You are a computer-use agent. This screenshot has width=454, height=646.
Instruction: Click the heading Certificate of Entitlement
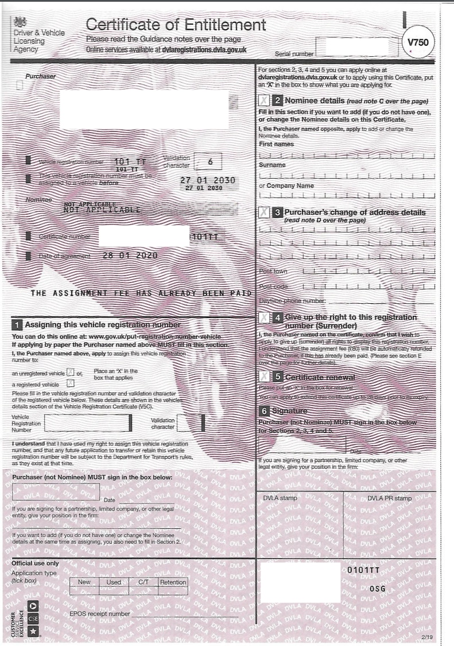(x=176, y=25)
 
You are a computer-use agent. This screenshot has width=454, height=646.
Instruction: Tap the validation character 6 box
(x=210, y=162)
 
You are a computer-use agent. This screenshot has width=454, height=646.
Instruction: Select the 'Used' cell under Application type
(x=114, y=582)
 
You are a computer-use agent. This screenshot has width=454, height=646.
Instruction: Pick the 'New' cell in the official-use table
(x=84, y=582)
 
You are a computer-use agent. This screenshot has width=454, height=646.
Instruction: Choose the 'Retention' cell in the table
(x=173, y=582)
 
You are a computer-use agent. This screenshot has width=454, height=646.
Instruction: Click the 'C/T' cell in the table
(x=143, y=582)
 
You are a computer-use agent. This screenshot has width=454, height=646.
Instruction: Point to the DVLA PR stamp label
(x=390, y=498)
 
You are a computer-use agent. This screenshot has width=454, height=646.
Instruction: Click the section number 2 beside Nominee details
(x=277, y=100)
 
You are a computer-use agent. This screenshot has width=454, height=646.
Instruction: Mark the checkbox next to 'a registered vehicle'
(x=70, y=382)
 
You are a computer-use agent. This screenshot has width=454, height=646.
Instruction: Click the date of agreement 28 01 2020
(x=129, y=256)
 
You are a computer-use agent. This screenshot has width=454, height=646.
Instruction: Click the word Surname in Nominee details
(x=272, y=165)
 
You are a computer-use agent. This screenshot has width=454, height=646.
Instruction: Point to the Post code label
(x=273, y=287)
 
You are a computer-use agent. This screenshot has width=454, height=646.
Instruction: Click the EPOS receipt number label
(x=99, y=614)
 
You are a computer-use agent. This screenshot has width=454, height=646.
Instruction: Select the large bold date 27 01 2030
(x=207, y=180)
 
